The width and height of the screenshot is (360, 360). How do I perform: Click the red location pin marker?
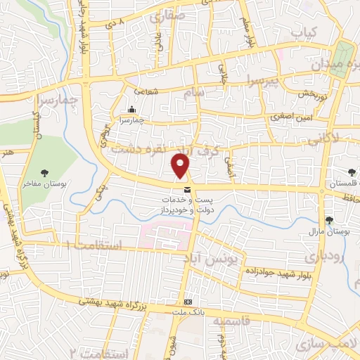181,165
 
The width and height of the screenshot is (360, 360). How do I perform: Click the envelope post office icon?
186,190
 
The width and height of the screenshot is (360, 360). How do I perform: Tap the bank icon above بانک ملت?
186,302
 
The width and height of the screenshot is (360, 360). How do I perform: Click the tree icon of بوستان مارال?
329,221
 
